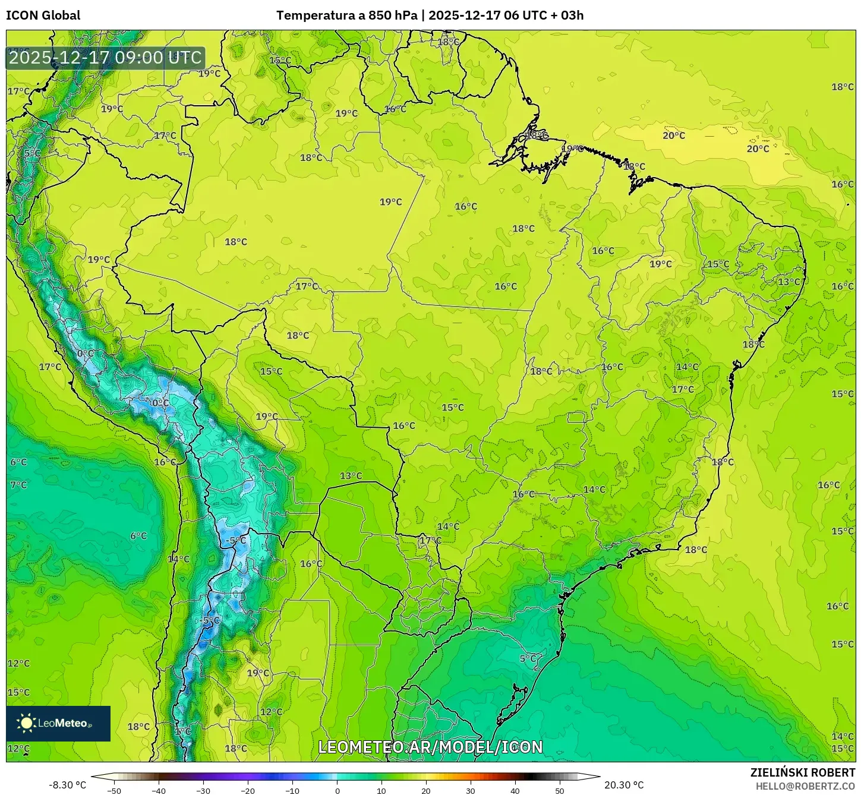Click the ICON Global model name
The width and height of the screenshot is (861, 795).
click(43, 15)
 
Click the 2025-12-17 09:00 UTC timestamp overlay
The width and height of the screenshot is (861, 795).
click(105, 58)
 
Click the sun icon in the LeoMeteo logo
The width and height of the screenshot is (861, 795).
click(26, 723)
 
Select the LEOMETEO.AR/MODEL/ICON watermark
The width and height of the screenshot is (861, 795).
click(430, 747)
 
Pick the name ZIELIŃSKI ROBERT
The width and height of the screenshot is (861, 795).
click(802, 772)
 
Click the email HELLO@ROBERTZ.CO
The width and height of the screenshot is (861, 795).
click(805, 786)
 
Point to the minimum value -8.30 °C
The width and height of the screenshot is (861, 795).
click(67, 785)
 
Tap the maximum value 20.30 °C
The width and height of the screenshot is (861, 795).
click(623, 785)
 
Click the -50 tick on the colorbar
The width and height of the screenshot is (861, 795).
click(114, 790)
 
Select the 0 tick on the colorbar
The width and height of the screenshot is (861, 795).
click(337, 790)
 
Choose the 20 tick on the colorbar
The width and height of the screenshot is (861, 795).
click(426, 790)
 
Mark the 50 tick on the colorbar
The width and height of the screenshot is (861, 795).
click(560, 790)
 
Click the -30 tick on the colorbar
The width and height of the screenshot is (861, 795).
click(203, 790)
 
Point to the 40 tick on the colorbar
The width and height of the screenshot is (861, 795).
click(515, 790)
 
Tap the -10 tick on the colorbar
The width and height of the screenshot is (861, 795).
click(292, 790)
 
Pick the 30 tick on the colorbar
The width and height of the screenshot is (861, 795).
click(471, 790)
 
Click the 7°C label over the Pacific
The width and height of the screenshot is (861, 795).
click(18, 485)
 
